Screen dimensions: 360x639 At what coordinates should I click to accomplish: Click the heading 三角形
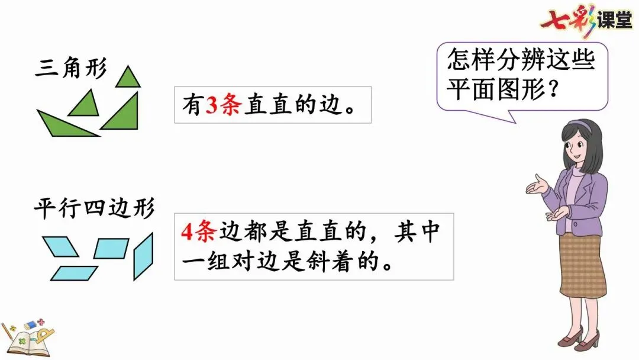point(70,69)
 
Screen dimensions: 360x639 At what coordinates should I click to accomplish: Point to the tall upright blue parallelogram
point(143,256)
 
